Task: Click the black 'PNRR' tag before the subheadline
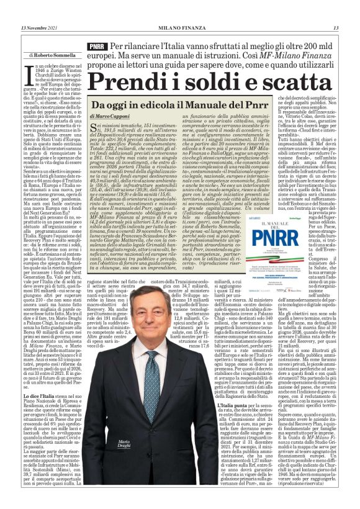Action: coord(97,47)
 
